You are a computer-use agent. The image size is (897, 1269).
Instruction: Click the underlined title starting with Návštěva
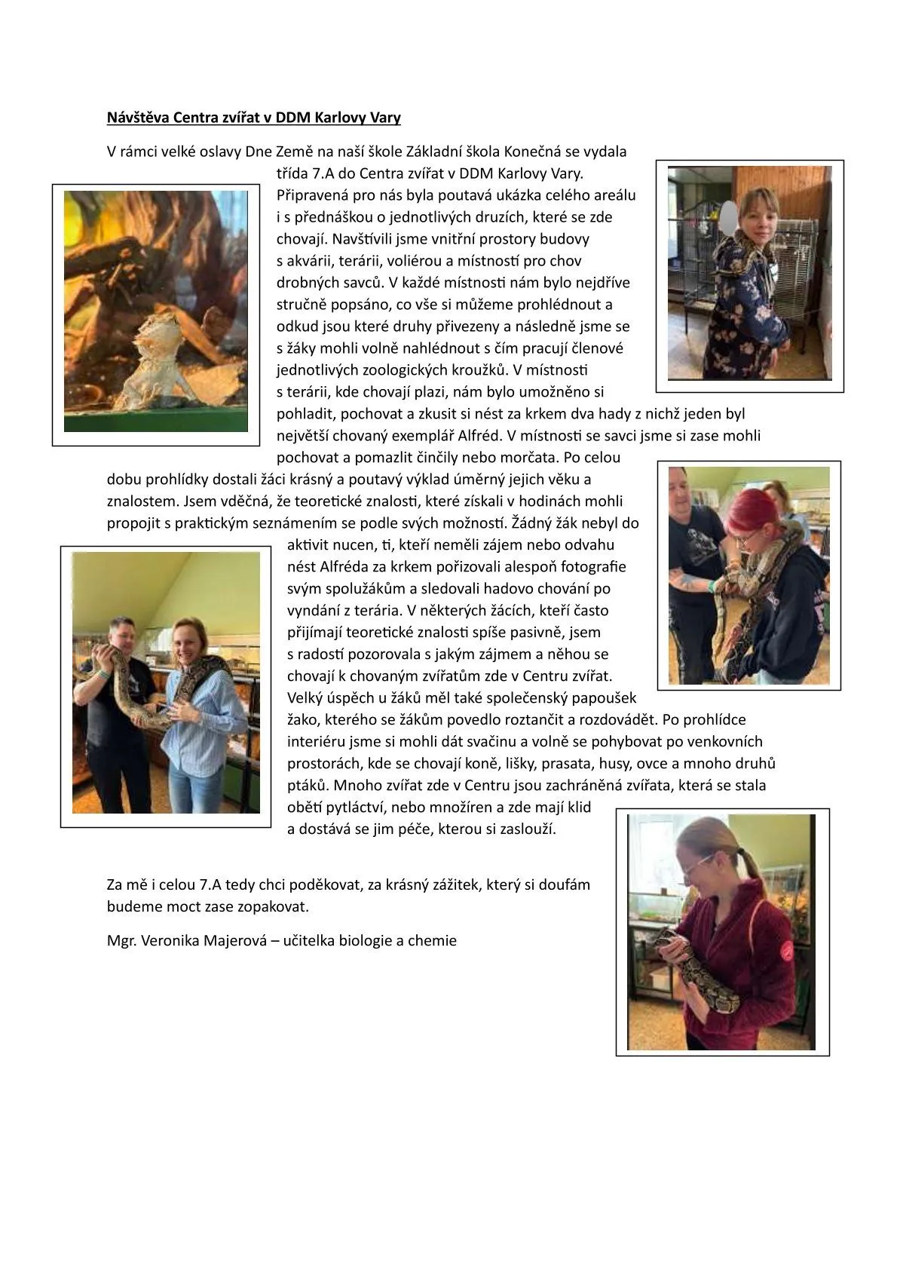tap(253, 118)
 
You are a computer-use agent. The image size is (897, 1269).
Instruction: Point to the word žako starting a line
tap(304, 720)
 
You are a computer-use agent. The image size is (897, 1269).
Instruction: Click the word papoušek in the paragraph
tap(606, 698)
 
